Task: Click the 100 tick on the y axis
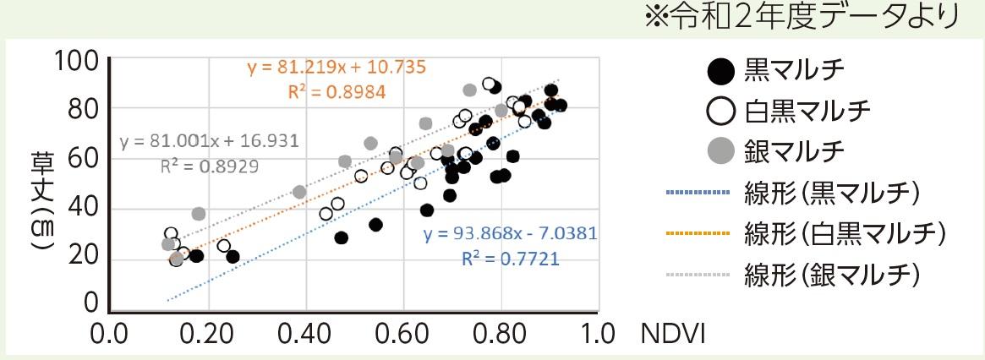[x=78, y=61]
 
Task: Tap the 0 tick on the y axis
[x=90, y=303]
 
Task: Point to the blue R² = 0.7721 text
[x=510, y=258]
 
